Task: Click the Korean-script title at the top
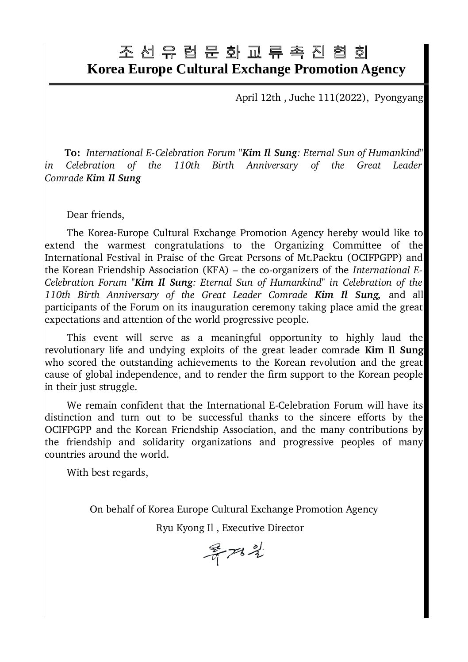tap(243, 53)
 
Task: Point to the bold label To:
tap(72, 153)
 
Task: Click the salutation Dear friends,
tap(96, 215)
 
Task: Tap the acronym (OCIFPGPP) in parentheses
tap(381, 257)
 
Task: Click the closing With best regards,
tap(107, 472)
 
